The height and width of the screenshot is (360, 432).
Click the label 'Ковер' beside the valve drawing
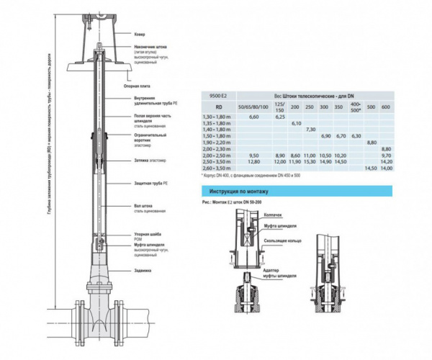pyautogui.click(x=140, y=34)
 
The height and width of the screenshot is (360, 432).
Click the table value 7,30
pyautogui.click(x=310, y=129)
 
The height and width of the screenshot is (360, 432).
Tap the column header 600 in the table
pyautogui.click(x=386, y=107)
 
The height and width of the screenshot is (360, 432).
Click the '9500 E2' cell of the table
pyautogui.click(x=217, y=95)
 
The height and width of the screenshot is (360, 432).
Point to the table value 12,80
pyautogui.click(x=253, y=162)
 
